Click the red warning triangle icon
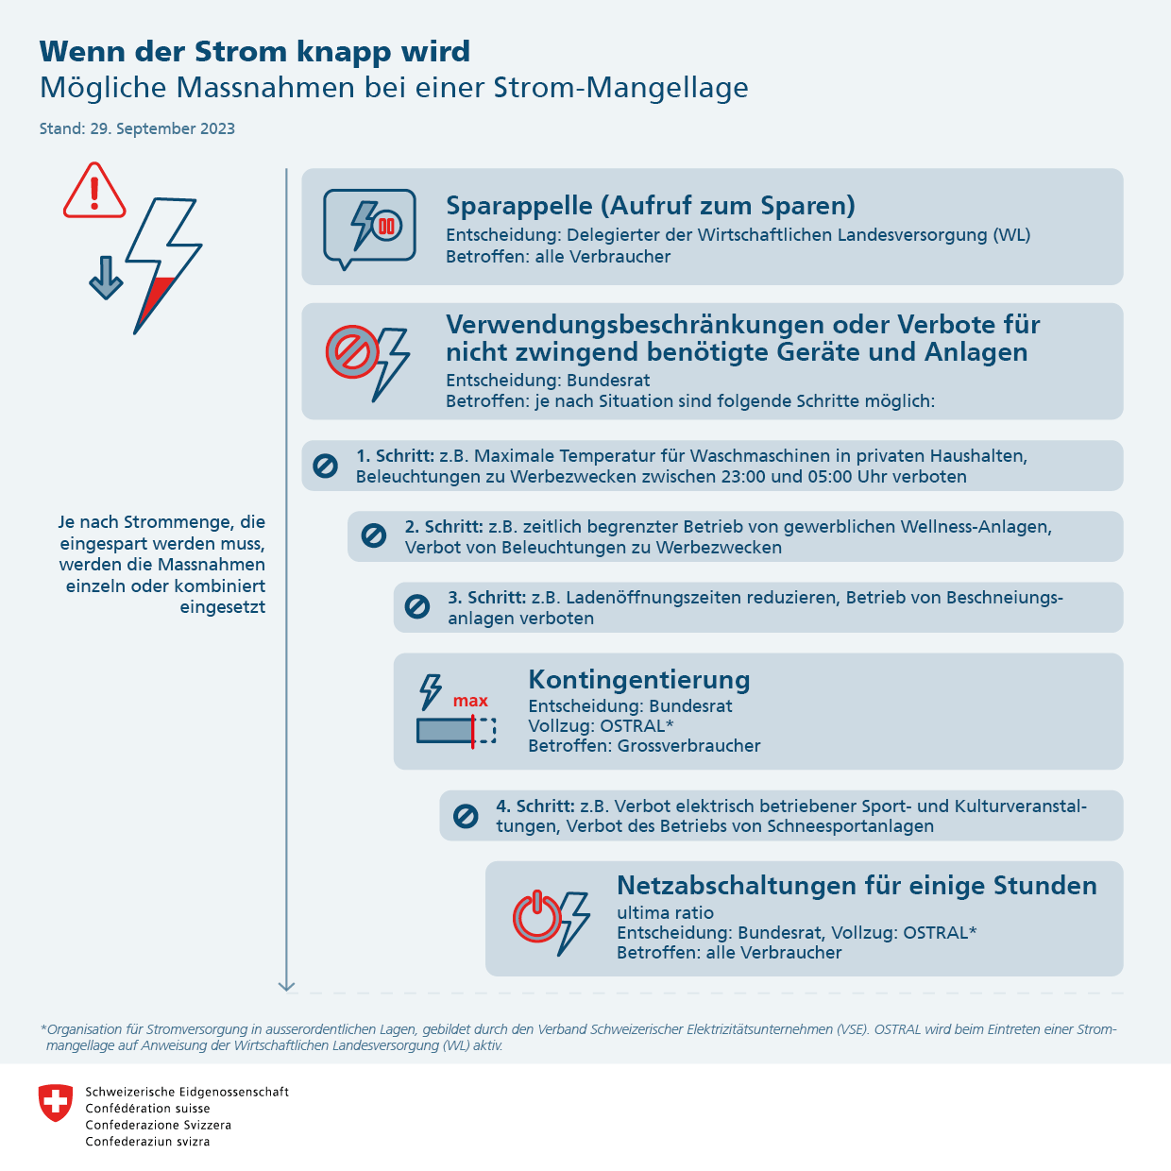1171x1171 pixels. pyautogui.click(x=94, y=190)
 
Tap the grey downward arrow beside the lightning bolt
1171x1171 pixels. pyautogui.click(x=106, y=278)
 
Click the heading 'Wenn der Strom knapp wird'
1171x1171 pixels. pyautogui.click(x=255, y=51)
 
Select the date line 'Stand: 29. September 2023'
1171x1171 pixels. pyautogui.click(x=137, y=128)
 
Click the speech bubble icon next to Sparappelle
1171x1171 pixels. pyautogui.click(x=369, y=229)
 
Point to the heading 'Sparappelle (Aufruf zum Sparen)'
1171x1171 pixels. pyautogui.click(x=651, y=205)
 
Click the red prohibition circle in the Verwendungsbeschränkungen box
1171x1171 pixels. pyautogui.click(x=352, y=352)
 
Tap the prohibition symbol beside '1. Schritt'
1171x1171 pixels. pyautogui.click(x=325, y=467)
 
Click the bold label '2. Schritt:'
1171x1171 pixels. pyautogui.click(x=444, y=526)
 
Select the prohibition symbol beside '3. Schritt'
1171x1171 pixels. pyautogui.click(x=416, y=606)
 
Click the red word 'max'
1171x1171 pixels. pyautogui.click(x=470, y=701)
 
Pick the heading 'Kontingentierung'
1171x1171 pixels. pyautogui.click(x=639, y=679)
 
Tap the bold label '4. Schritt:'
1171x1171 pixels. pyautogui.click(x=535, y=806)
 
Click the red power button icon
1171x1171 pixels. pyautogui.click(x=536, y=916)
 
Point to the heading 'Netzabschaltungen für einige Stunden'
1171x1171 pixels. pyautogui.click(x=857, y=886)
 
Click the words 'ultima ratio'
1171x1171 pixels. pyautogui.click(x=665, y=913)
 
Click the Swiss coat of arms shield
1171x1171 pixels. pyautogui.click(x=56, y=1103)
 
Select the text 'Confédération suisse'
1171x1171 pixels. pyautogui.click(x=147, y=1109)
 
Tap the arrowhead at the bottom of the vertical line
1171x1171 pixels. pyautogui.click(x=286, y=986)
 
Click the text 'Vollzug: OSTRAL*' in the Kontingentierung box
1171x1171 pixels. pyautogui.click(x=601, y=726)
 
